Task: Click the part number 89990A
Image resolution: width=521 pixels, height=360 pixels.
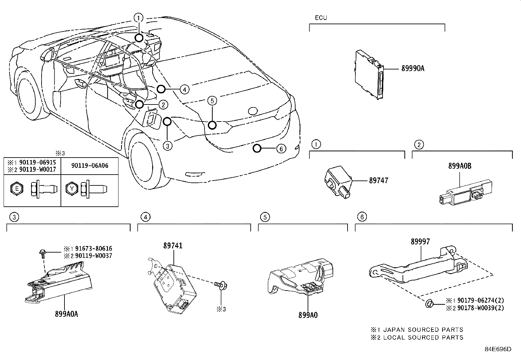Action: point(413,68)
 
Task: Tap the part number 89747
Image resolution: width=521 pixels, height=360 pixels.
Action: point(379,180)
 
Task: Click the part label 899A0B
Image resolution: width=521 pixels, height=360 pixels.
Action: point(460,166)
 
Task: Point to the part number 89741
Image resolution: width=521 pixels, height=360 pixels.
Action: point(173,246)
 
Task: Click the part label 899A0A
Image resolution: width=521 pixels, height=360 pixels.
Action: point(66,314)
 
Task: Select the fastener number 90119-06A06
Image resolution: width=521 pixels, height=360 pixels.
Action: point(90,166)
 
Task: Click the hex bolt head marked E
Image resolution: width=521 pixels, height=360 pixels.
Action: point(17,189)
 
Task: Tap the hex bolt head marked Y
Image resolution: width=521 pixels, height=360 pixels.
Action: point(72,189)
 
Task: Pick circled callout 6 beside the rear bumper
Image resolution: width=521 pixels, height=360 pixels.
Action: point(281,149)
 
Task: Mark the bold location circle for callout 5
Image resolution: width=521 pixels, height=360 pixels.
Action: point(212,125)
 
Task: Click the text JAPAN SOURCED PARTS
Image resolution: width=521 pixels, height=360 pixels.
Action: point(423,330)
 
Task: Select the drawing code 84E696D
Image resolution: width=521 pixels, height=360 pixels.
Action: point(497,349)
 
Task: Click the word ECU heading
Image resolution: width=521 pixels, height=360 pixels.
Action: point(321,18)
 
